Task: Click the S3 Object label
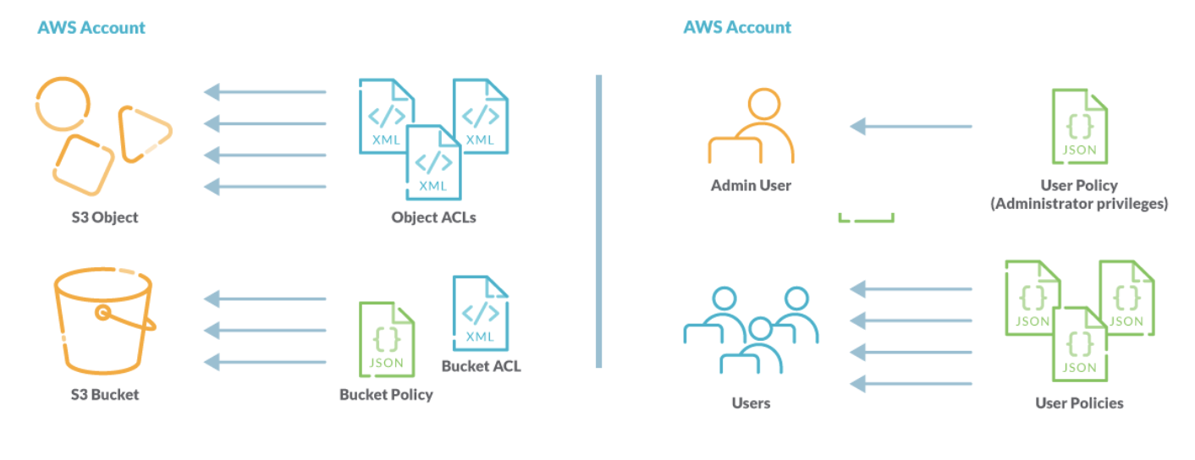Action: coord(104,217)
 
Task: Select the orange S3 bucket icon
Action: coord(104,320)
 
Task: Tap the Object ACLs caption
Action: coord(433,217)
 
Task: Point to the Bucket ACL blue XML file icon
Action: coord(481,314)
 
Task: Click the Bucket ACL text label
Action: coord(481,366)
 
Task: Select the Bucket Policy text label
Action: coord(386,395)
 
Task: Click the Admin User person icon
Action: coord(751,127)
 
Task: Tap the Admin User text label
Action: coord(751,185)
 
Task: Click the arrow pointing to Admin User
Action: coord(911,127)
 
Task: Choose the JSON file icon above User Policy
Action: coord(1079,127)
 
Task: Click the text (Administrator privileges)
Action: coord(1079,204)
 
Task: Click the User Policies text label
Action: coord(1079,403)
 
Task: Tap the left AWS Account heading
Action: coord(91,27)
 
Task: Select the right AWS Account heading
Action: coord(737,27)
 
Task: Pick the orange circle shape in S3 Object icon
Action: coord(62,104)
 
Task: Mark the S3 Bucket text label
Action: coord(104,395)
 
